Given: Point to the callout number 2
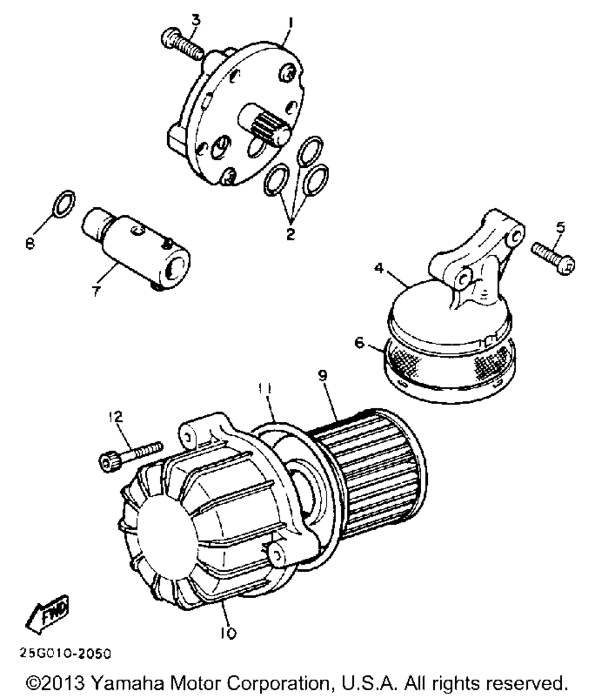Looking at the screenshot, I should (x=290, y=234).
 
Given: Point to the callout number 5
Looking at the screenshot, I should (x=560, y=227).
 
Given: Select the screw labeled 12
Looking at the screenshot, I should (x=130, y=453).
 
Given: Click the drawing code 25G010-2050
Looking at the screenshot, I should (x=65, y=653).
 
